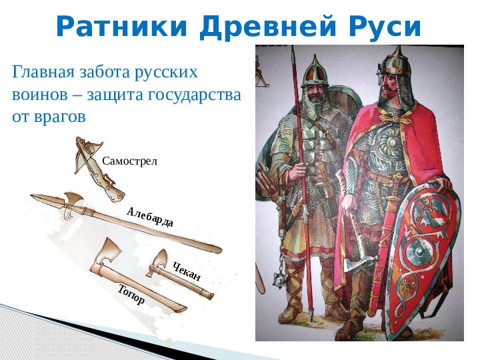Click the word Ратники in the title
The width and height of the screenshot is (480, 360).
pyautogui.click(x=121, y=26)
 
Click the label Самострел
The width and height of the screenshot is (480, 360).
pyautogui.click(x=129, y=161)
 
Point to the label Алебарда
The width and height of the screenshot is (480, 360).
pyautogui.click(x=150, y=217)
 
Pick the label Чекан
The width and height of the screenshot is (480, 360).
pyautogui.click(x=187, y=271)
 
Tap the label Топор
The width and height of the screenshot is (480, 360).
pyautogui.click(x=131, y=295)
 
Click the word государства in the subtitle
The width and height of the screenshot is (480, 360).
pyautogui.click(x=195, y=95)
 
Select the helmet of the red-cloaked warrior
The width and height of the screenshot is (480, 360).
pyautogui.click(x=395, y=65)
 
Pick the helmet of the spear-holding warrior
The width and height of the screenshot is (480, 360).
pyautogui.click(x=315, y=71)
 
